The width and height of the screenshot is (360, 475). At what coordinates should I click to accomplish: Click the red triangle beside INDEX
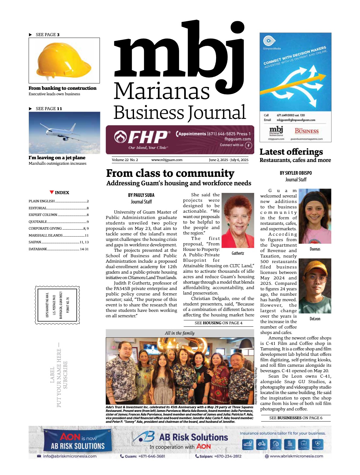pyautogui.click(x=52, y=192)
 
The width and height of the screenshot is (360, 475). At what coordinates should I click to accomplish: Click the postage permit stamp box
pyautogui.click(x=58, y=305)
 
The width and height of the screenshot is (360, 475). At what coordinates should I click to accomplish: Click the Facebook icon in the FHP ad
pyautogui.click(x=248, y=145)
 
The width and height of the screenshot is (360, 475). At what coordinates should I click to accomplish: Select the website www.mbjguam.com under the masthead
pyautogui.click(x=167, y=160)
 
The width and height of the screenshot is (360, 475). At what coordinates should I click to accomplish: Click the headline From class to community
pyautogui.click(x=170, y=173)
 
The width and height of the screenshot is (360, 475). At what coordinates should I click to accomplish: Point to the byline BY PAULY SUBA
pyautogui.click(x=141, y=195)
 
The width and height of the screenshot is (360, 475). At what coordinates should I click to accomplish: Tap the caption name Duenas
pyautogui.click(x=315, y=249)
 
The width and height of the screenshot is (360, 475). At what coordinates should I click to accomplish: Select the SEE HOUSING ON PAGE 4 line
pyautogui.click(x=218, y=323)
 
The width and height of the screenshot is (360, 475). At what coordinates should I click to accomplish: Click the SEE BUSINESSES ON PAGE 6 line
pyautogui.click(x=295, y=418)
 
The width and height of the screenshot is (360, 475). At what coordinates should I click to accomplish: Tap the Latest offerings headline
pyautogui.click(x=291, y=152)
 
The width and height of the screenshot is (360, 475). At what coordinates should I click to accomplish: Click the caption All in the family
pyautogui.click(x=180, y=333)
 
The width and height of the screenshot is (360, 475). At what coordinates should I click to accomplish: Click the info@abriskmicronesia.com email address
pyautogui.click(x=70, y=456)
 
